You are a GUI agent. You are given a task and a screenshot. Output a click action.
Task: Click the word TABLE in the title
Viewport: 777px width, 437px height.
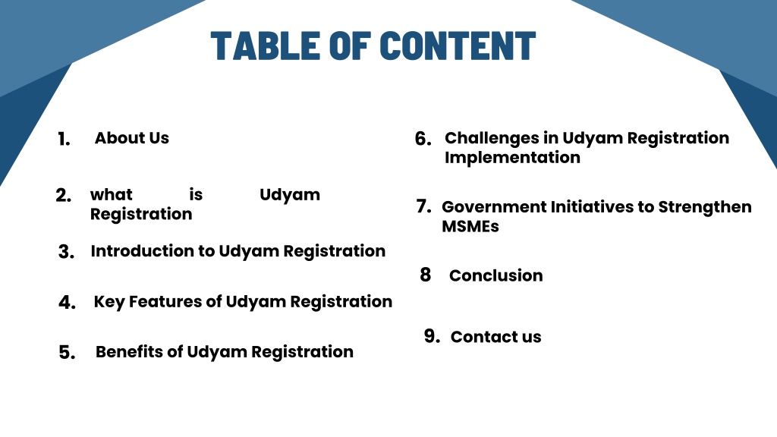point(265,46)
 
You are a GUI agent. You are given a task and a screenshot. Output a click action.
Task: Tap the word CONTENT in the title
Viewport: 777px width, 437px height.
point(458,46)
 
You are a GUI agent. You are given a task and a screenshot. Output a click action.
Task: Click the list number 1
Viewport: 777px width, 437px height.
point(64,140)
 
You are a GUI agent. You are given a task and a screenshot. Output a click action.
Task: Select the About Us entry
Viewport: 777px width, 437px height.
point(132,138)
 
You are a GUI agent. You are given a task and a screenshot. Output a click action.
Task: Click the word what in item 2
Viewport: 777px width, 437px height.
point(112,195)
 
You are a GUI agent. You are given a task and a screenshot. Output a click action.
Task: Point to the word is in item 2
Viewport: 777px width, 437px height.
point(196,195)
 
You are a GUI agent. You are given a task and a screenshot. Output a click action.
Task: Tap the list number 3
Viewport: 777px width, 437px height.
point(67,252)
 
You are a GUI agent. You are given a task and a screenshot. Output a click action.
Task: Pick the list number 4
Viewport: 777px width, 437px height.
point(67,302)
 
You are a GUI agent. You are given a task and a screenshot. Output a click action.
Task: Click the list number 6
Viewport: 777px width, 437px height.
point(423,139)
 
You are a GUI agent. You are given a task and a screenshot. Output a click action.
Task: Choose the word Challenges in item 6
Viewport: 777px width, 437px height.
point(492,138)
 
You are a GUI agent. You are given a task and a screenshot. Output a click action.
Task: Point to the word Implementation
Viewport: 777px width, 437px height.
point(512,158)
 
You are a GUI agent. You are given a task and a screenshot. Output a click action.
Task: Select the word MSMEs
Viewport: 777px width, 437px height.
point(470,226)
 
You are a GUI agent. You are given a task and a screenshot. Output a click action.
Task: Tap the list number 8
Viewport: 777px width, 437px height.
point(425,275)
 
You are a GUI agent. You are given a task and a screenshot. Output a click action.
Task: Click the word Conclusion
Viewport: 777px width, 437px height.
point(496,275)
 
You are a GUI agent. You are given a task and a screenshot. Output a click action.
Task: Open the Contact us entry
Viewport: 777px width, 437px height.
point(496,337)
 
